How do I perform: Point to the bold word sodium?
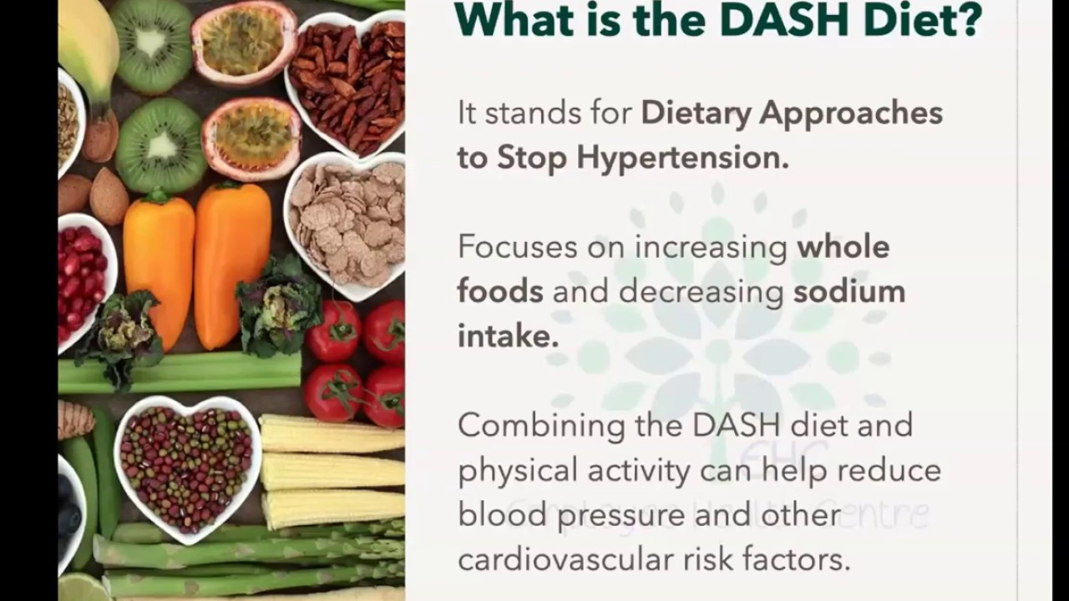(x=849, y=291)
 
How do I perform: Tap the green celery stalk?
(x=180, y=373)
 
